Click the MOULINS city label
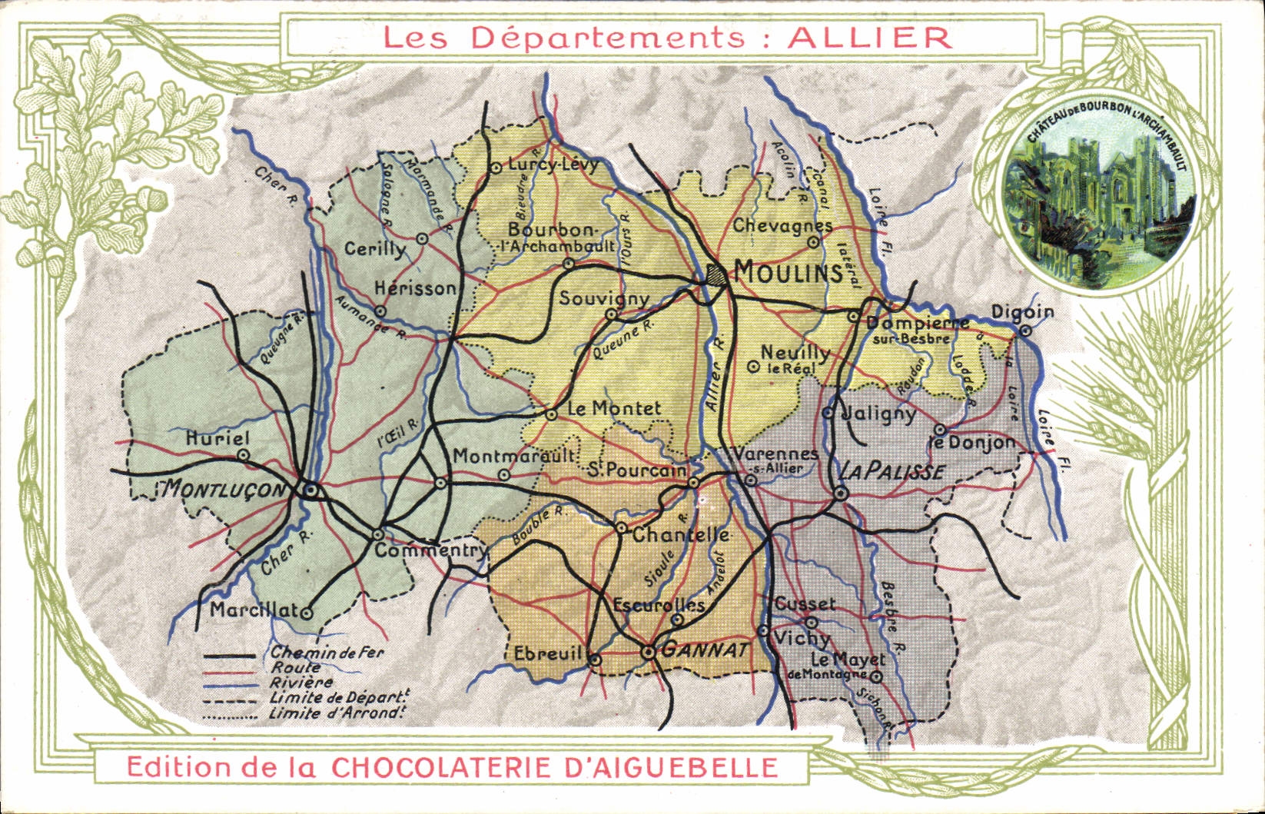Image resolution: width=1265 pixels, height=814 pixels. [x=789, y=272]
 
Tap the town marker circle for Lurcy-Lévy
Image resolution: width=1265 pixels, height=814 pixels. [x=496, y=167]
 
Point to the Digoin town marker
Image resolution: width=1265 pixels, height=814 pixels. [x=1025, y=331]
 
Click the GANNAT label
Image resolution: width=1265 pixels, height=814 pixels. [x=705, y=650]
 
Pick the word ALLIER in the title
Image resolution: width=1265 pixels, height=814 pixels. [x=870, y=38]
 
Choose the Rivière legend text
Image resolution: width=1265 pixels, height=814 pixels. [x=301, y=683]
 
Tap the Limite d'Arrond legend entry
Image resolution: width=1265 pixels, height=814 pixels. [x=337, y=713]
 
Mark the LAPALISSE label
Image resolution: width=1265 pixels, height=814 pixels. [x=891, y=472]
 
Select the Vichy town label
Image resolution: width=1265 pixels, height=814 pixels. [x=802, y=638]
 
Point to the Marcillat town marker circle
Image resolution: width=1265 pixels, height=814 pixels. [x=307, y=613]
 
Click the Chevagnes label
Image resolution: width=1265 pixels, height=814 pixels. [x=782, y=226]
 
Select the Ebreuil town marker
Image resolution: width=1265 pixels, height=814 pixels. [x=596, y=659]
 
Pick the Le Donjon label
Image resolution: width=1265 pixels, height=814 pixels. [x=972, y=443]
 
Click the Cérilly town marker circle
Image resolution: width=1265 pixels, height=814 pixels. [x=422, y=238]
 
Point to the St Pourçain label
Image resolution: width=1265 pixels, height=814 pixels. [x=637, y=470]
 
